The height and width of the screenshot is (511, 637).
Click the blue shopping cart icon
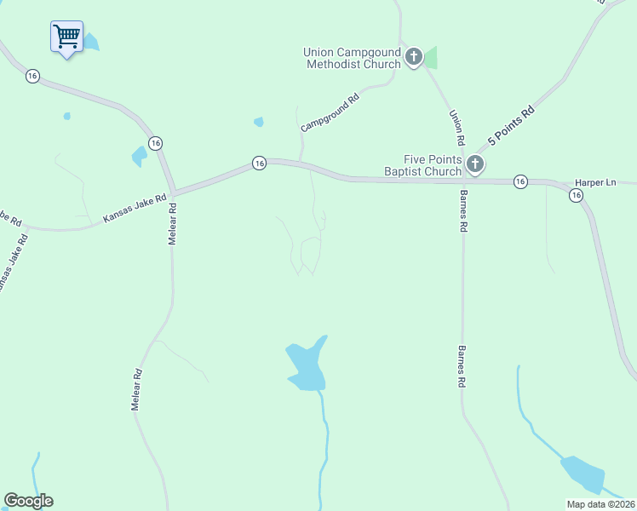(66, 37)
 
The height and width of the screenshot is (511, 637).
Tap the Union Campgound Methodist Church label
(352, 58)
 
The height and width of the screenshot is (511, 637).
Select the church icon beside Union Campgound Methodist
(414, 58)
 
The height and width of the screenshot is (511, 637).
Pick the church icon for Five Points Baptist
(475, 164)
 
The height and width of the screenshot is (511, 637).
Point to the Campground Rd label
(330, 112)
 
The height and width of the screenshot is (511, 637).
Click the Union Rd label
(457, 127)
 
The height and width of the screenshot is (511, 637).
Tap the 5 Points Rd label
(510, 124)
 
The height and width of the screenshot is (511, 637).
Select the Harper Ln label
(595, 183)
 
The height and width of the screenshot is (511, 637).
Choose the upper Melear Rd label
(172, 224)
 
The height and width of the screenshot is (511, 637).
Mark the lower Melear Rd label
(136, 390)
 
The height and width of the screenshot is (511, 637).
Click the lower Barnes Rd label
(462, 367)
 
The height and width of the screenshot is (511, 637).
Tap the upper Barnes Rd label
(464, 213)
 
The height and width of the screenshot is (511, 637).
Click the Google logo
(28, 501)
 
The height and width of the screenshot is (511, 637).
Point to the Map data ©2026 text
(600, 504)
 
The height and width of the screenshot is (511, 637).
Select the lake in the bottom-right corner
(582, 474)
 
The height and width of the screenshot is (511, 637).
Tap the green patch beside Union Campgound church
(431, 58)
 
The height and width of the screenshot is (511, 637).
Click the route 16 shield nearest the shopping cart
(32, 76)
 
